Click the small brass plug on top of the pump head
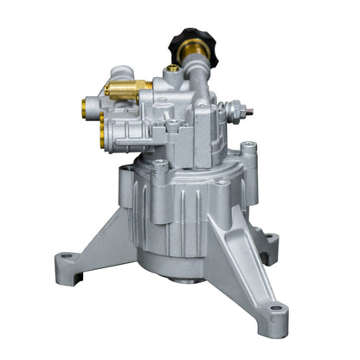coord(173,67)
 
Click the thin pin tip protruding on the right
coord(250,111)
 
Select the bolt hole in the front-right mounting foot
coord(275,308)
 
